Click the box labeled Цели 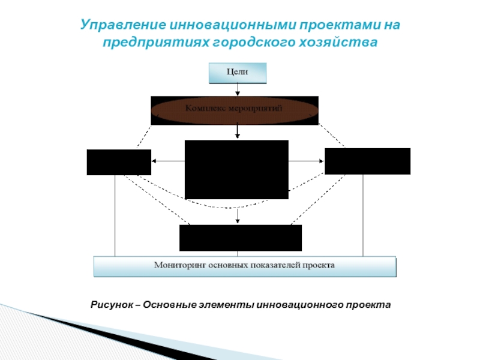click(x=237, y=73)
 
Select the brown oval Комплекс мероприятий click(x=234, y=110)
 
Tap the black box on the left click(x=119, y=162)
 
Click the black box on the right click(x=367, y=161)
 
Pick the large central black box click(x=236, y=169)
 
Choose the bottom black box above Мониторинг click(x=241, y=238)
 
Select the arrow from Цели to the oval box click(x=238, y=89)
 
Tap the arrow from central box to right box click(x=306, y=161)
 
